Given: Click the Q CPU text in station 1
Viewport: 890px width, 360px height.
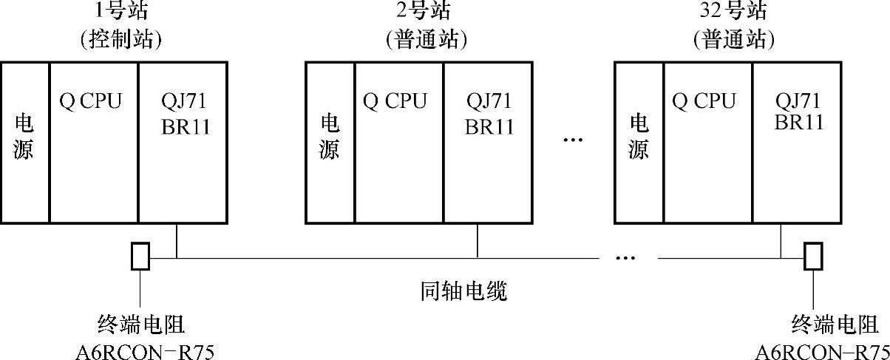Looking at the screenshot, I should (x=90, y=101).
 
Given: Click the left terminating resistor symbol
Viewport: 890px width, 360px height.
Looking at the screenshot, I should (x=140, y=257).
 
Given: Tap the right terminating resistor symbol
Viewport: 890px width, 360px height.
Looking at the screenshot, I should (x=813, y=257).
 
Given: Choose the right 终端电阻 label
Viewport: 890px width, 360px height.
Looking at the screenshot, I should (x=835, y=324).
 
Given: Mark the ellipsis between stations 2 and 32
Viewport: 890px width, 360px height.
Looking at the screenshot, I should (x=573, y=139).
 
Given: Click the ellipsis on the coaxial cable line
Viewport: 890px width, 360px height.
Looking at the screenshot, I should (x=625, y=258).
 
